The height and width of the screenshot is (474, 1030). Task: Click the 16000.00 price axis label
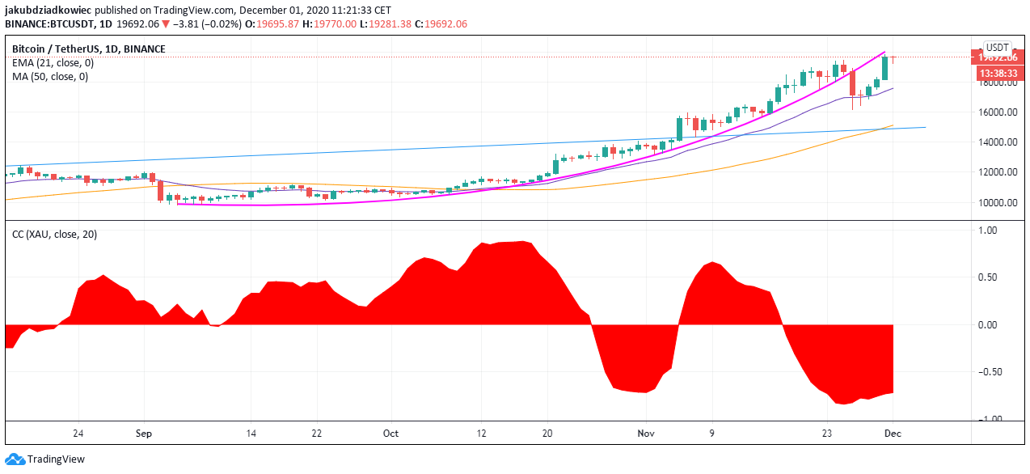(995, 112)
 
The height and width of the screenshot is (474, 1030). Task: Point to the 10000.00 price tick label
(995, 202)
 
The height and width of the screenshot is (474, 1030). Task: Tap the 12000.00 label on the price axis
(995, 172)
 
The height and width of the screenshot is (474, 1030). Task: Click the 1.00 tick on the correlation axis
(1002, 231)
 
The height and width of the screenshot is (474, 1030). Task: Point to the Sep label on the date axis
(144, 433)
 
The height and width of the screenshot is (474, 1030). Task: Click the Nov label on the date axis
(645, 433)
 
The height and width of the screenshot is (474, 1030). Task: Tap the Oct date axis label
(390, 433)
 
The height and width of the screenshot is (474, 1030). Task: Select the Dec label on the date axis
(893, 433)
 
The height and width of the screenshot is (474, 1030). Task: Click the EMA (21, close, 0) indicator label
(53, 62)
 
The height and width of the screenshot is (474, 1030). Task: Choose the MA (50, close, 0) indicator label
(50, 76)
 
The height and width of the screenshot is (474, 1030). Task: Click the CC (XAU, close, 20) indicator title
(54, 235)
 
